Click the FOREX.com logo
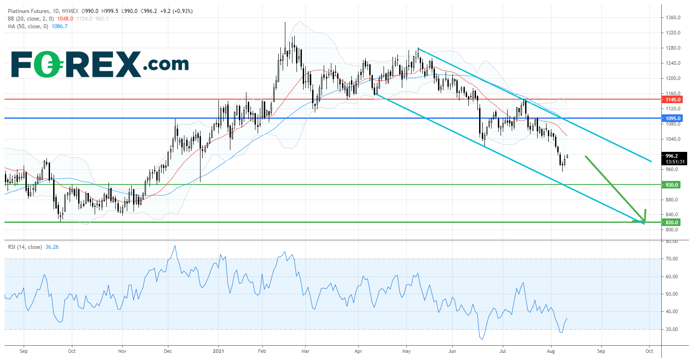[x=100, y=64]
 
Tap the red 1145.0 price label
[x=672, y=100]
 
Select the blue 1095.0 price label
[x=672, y=118]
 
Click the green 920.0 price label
[x=672, y=184]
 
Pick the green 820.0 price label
[x=672, y=222]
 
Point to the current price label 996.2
[x=672, y=156]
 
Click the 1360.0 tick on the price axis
[x=672, y=18]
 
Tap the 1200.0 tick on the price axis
[x=672, y=79]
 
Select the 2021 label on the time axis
[x=219, y=351]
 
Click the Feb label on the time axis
[x=262, y=351]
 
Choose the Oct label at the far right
[x=649, y=351]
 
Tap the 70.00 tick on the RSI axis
[x=672, y=259]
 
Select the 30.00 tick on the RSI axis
[x=672, y=330]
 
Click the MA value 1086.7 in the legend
[x=60, y=26]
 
